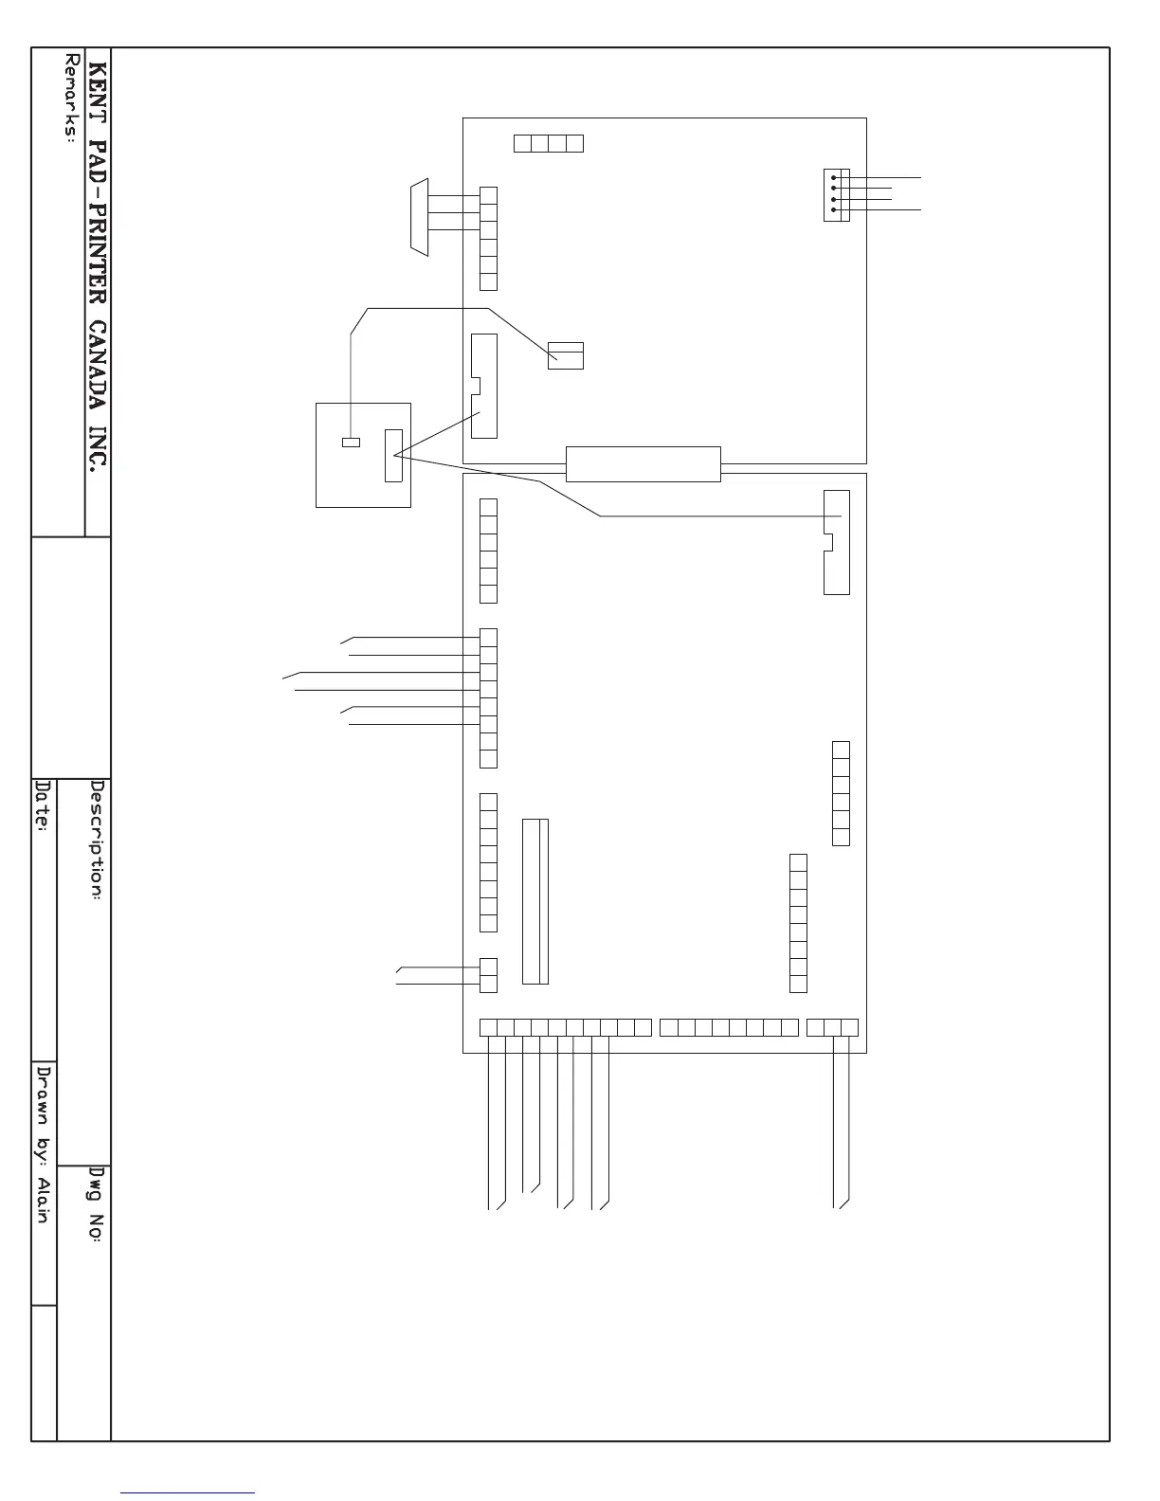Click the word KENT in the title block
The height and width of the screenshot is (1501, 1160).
(x=99, y=91)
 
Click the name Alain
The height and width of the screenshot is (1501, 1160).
(x=43, y=1199)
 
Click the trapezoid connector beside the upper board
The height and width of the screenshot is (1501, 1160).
(x=418, y=216)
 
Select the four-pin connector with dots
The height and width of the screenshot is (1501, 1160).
(x=837, y=195)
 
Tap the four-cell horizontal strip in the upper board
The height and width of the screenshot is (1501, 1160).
(x=549, y=144)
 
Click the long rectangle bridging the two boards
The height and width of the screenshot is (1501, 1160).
(x=643, y=463)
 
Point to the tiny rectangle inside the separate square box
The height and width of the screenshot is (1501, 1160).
(x=351, y=443)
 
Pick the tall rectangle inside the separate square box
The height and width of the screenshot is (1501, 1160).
(x=393, y=455)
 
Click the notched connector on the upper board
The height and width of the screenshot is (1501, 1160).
(x=483, y=386)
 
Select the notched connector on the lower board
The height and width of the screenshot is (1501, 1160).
(x=837, y=542)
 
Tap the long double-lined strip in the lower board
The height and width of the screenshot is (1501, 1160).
(x=535, y=901)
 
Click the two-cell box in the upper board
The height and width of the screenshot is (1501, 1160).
(x=566, y=355)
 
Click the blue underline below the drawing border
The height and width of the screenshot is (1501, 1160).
(x=189, y=1492)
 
